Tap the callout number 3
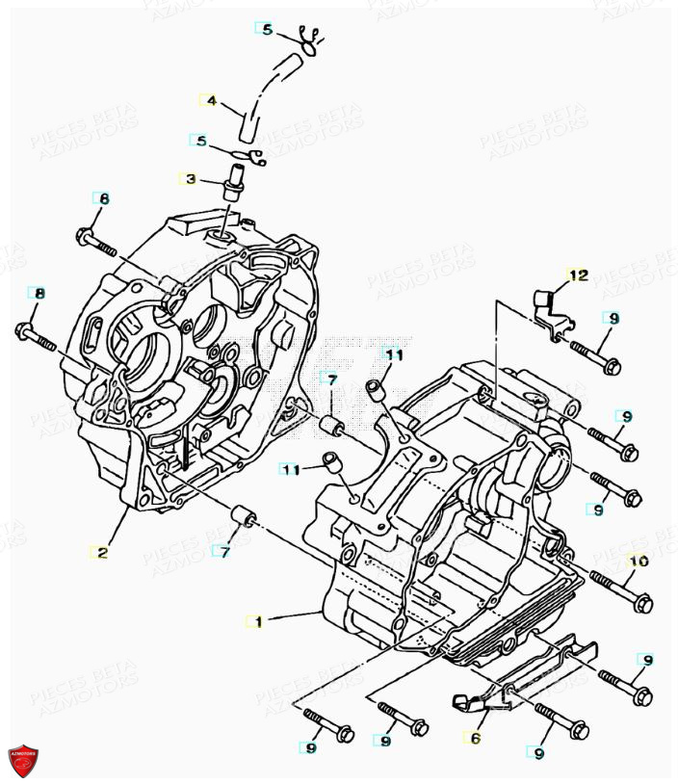point(190,179)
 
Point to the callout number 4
point(211,100)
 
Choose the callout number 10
point(639,561)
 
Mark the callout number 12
point(577,275)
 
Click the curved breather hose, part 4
point(265,92)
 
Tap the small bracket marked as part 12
point(544,308)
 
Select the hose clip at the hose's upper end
point(307,39)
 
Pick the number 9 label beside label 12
point(613,318)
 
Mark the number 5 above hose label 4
point(268,29)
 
